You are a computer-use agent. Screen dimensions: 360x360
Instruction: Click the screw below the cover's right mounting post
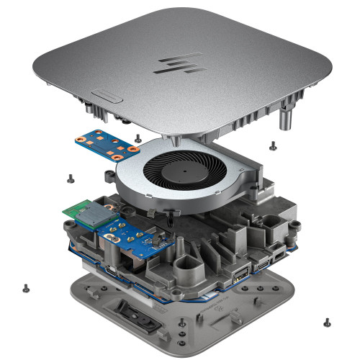point(272,145)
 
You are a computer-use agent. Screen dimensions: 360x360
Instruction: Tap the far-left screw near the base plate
point(27,287)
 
